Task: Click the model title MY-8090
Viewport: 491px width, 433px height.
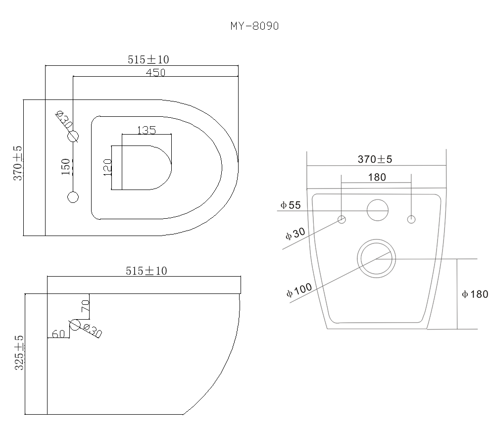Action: tap(254, 26)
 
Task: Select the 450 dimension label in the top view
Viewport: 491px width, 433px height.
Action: tap(155, 72)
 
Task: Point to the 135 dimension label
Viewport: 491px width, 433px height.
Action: tap(146, 130)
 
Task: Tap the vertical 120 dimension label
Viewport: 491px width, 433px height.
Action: tap(106, 167)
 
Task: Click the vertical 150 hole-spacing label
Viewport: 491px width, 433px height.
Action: tap(65, 167)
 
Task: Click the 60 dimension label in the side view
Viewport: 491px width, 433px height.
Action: tap(58, 334)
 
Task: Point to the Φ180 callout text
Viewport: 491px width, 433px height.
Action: tap(475, 294)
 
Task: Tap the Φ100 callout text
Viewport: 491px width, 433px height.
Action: tap(297, 289)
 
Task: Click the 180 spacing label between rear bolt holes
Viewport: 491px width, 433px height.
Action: tap(377, 177)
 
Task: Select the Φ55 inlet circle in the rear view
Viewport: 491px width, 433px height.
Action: tap(377, 210)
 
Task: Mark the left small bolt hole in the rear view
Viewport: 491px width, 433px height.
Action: tap(342, 219)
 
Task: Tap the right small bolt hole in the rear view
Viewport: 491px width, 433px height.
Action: tap(411, 219)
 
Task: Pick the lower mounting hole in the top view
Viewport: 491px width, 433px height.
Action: tap(73, 197)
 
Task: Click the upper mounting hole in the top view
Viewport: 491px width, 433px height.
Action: tap(73, 137)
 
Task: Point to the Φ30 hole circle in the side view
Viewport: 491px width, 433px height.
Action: tap(75, 325)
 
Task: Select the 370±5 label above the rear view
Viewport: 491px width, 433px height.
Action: tap(375, 159)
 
